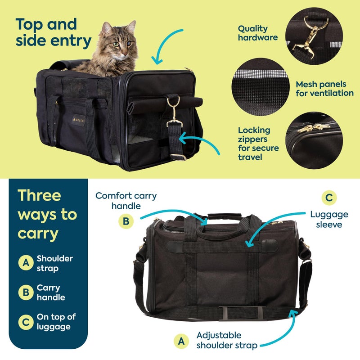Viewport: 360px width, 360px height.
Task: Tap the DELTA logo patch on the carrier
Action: pyautogui.click(x=78, y=120)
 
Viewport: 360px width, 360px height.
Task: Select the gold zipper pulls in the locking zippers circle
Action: pyautogui.click(x=313, y=128)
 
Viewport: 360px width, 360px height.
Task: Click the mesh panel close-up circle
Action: pyautogui.click(x=261, y=87)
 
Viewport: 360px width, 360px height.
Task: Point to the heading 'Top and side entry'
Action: pyautogui.click(x=53, y=32)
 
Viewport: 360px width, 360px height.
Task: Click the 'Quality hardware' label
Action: pyautogui.click(x=257, y=33)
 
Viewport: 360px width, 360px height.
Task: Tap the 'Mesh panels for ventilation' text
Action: pyautogui.click(x=324, y=89)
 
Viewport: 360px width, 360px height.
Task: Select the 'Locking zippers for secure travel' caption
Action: pyautogui.click(x=258, y=144)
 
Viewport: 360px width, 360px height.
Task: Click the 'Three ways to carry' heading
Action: pyautogui.click(x=47, y=214)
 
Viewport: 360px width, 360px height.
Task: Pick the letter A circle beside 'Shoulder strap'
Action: pyautogui.click(x=26, y=263)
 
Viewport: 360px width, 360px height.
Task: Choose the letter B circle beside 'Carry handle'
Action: pyautogui.click(x=26, y=292)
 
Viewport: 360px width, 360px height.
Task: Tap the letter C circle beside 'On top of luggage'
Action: pyautogui.click(x=26, y=322)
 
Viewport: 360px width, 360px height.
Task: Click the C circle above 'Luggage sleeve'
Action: pyautogui.click(x=329, y=198)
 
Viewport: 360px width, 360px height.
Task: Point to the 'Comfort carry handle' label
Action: pyautogui.click(x=126, y=201)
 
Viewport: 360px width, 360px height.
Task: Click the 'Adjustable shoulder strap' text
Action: pyautogui.click(x=227, y=340)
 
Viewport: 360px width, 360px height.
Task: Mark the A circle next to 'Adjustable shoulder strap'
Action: pyautogui.click(x=181, y=341)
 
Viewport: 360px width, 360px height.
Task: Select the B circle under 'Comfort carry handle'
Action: pyautogui.click(x=126, y=221)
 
